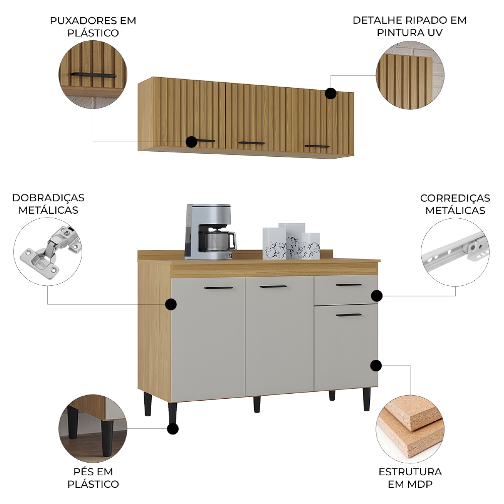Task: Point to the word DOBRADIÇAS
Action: [x=48, y=198]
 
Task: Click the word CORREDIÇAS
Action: [x=455, y=198]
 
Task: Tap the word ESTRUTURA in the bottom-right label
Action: [x=410, y=472]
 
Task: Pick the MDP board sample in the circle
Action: [x=410, y=430]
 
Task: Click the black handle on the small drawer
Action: [x=349, y=285]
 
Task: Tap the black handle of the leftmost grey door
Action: [x=219, y=288]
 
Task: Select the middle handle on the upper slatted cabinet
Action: [x=251, y=143]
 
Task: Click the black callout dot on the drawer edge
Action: [x=376, y=295]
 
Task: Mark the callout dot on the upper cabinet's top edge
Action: [x=331, y=93]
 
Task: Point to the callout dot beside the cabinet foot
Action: [x=172, y=428]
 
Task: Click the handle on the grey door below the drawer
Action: [x=349, y=316]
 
